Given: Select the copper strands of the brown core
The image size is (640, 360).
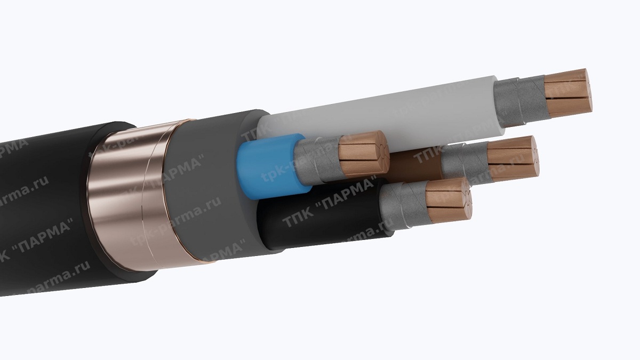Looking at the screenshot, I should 512,158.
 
